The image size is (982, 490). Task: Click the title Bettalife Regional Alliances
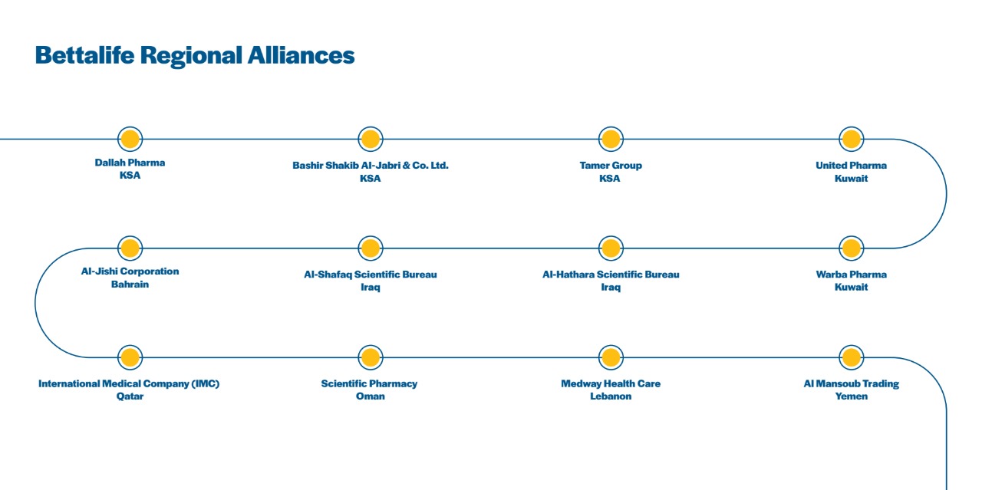(x=195, y=56)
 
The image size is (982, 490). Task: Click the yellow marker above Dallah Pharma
(x=130, y=139)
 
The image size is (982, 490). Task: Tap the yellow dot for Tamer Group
(x=611, y=139)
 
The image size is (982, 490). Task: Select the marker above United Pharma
(x=851, y=139)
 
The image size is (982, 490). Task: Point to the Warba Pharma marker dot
(x=851, y=248)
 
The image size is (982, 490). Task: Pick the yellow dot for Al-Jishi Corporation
(x=130, y=248)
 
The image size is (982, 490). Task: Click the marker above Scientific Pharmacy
(x=371, y=357)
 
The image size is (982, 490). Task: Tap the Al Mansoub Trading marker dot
(x=851, y=357)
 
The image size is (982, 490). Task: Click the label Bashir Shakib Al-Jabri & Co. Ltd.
(x=371, y=165)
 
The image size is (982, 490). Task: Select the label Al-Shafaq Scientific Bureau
(x=371, y=275)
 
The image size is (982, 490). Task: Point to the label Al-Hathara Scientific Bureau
(x=611, y=275)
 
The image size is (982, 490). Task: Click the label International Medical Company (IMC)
(x=129, y=383)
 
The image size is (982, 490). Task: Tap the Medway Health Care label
(x=611, y=383)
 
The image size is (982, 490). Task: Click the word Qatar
(x=130, y=396)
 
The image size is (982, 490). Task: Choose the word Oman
(x=371, y=396)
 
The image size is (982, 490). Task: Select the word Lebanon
(x=611, y=396)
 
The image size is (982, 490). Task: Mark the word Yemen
(x=852, y=396)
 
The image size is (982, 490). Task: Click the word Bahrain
(x=130, y=284)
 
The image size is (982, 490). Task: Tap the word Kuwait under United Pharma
(x=852, y=179)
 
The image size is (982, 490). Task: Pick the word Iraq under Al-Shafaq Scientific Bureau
(x=371, y=288)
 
